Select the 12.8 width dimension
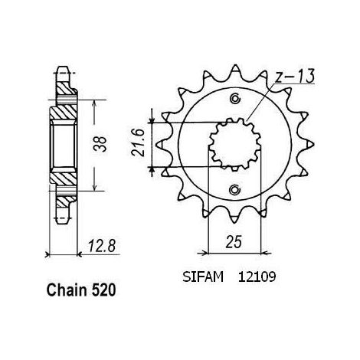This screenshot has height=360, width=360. (x=102, y=246)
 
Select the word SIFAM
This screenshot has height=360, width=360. (x=203, y=277)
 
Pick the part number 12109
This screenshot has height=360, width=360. (x=257, y=277)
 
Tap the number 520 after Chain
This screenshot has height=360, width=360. (x=104, y=290)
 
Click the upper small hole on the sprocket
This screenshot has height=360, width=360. (x=234, y=99)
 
